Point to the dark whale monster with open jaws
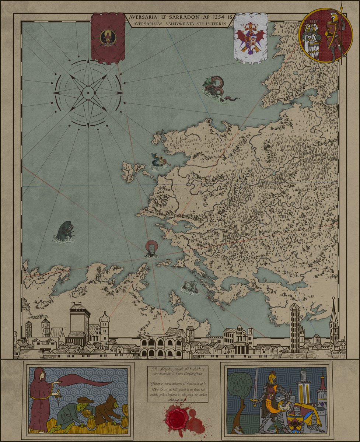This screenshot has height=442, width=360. [x=66, y=232]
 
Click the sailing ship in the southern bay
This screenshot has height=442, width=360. [x=190, y=287]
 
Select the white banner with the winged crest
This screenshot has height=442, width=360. [x=251, y=38]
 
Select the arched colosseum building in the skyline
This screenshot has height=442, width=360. [x=161, y=346]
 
